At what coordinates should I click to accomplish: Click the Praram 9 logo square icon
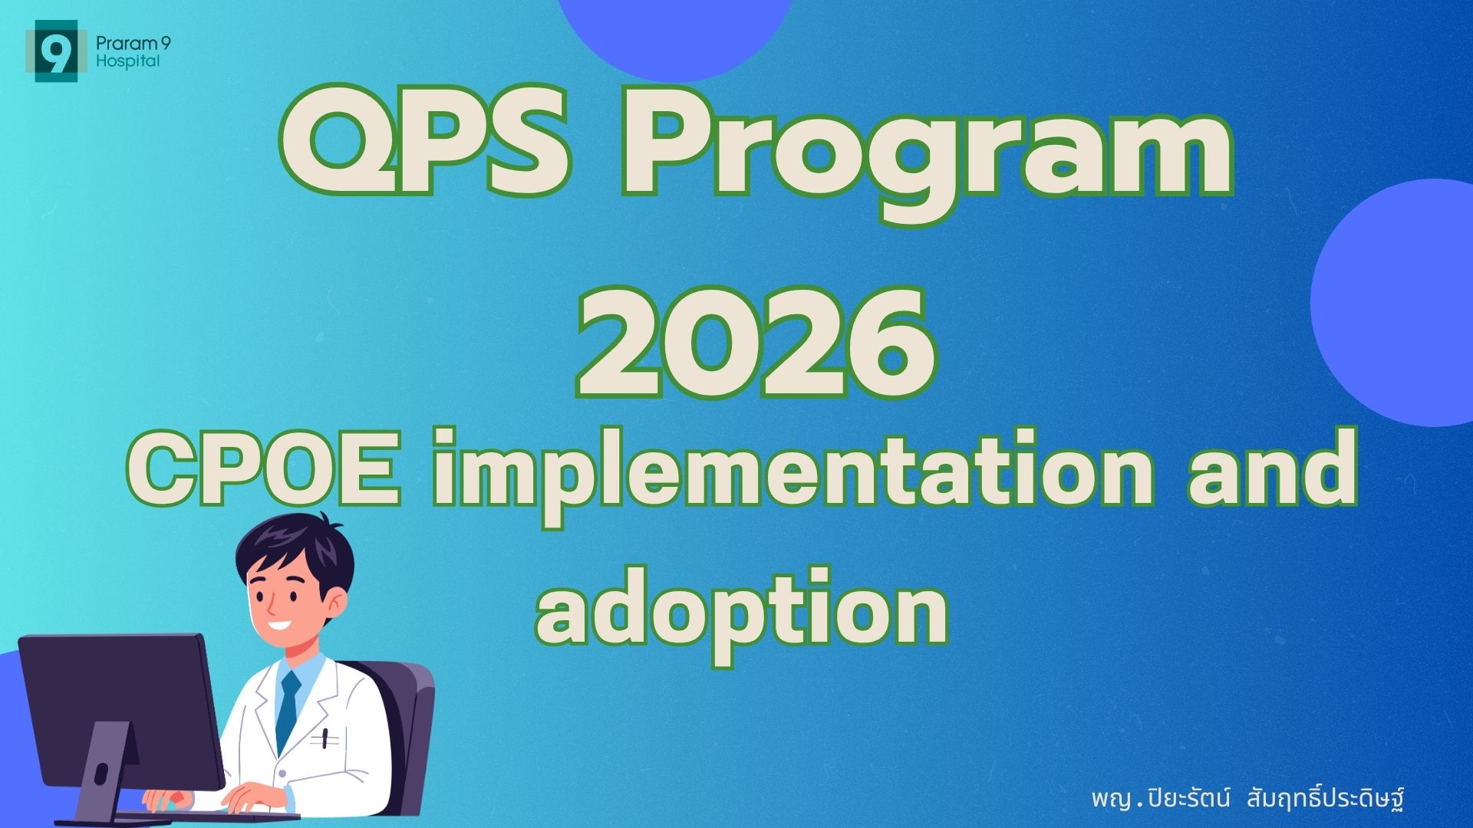tap(56, 51)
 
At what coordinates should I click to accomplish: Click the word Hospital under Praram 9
tap(128, 61)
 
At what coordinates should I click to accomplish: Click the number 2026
tap(756, 344)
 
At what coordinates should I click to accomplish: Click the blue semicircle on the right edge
tap(1392, 303)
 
